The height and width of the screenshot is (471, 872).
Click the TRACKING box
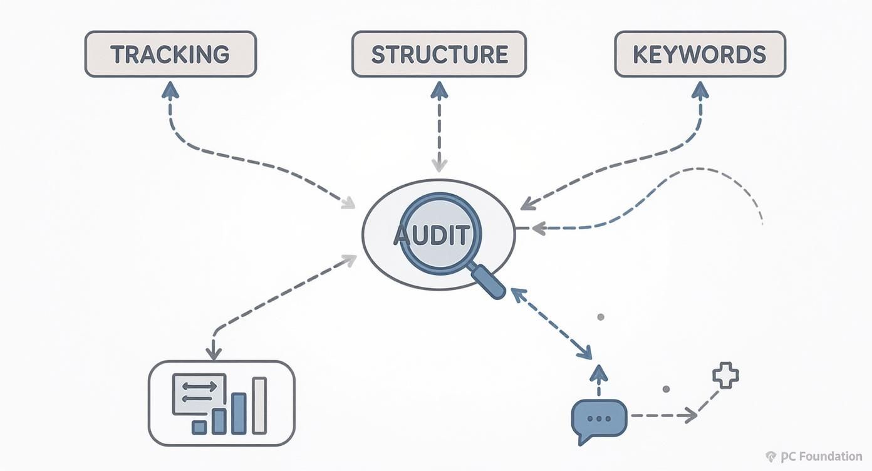click(x=170, y=54)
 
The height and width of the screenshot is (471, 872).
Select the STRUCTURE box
click(x=439, y=54)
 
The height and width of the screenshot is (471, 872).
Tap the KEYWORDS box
click(x=700, y=54)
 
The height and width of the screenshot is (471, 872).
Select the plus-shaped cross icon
click(x=725, y=376)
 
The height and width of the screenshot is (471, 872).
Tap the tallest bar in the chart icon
click(x=259, y=405)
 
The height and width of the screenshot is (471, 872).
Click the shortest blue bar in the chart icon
click(x=199, y=427)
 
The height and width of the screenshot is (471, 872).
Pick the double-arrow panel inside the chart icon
click(x=199, y=393)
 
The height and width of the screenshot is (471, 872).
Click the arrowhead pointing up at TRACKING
click(x=170, y=90)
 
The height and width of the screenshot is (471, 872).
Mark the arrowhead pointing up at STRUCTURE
click(x=439, y=90)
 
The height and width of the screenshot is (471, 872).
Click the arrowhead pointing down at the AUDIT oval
click(x=439, y=165)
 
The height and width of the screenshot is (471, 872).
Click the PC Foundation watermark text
click(x=821, y=457)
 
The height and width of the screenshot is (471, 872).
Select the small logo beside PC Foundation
click(x=771, y=457)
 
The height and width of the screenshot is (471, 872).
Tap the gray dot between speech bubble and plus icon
click(x=666, y=389)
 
